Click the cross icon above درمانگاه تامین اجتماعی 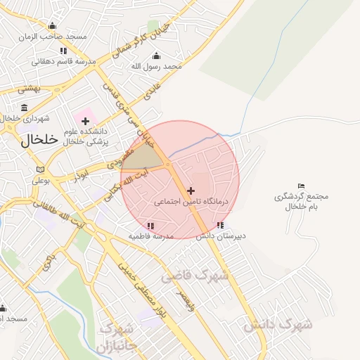[191, 191]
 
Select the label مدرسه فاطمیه [150, 236]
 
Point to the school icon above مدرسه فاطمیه [150, 226]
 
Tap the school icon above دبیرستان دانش [221, 225]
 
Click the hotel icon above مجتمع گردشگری [302, 186]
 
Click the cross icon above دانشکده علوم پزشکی [86, 122]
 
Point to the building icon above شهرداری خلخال [25, 107]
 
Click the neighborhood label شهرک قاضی [195, 276]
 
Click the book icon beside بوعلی [40, 169]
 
